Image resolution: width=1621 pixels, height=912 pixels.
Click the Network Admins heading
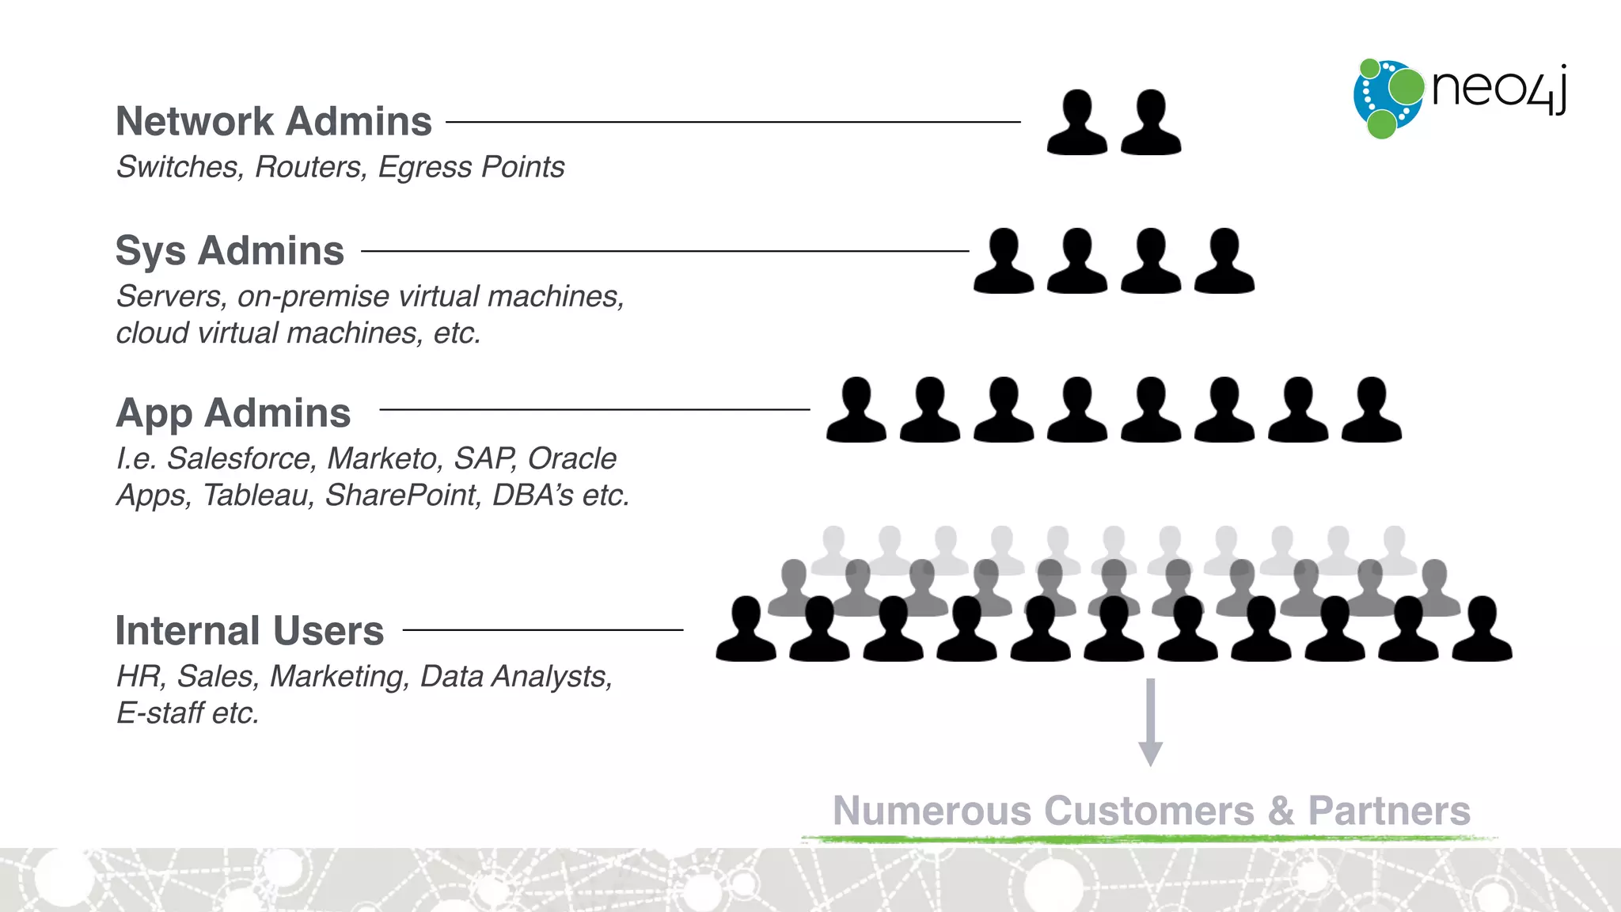tap(274, 122)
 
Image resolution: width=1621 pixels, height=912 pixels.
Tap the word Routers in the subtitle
tap(307, 167)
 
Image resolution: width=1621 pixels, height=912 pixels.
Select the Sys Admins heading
tap(230, 251)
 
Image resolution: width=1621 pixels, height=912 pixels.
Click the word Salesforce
tap(241, 458)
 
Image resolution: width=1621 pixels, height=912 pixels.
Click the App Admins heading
tap(233, 413)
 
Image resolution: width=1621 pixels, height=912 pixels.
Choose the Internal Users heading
tap(249, 631)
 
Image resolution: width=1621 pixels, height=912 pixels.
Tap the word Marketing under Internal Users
tap(340, 676)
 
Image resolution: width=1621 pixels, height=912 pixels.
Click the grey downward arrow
tap(1150, 720)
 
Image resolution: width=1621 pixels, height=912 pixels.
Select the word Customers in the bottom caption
tap(1148, 811)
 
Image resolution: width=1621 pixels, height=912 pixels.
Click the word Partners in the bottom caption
tap(1388, 811)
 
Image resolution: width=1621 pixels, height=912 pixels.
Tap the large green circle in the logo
tap(1406, 86)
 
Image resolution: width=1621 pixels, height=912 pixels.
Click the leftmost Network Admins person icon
tap(1076, 123)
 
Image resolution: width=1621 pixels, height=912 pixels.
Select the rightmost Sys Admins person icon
tap(1224, 262)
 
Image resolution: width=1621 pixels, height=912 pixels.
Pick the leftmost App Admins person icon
tap(856, 411)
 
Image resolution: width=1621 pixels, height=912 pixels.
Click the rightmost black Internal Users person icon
tap(1482, 630)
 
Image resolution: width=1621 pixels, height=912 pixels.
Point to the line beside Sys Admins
tap(665, 251)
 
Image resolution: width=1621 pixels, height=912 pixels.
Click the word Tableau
tap(258, 495)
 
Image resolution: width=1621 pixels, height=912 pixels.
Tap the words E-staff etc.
tap(188, 712)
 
